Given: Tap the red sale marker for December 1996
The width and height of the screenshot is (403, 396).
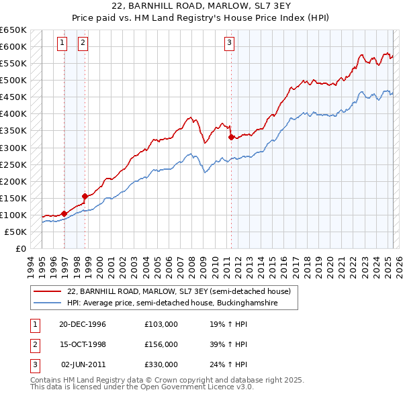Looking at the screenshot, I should [64, 213].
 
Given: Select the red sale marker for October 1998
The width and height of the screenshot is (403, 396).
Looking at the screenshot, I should [85, 196].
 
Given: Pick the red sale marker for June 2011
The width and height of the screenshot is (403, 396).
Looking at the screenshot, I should [231, 137].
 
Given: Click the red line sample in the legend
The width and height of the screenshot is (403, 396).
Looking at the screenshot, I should [48, 291].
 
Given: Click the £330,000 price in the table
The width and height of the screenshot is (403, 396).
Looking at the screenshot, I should [161, 364].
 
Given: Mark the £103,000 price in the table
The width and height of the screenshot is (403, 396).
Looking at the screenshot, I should [161, 324].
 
